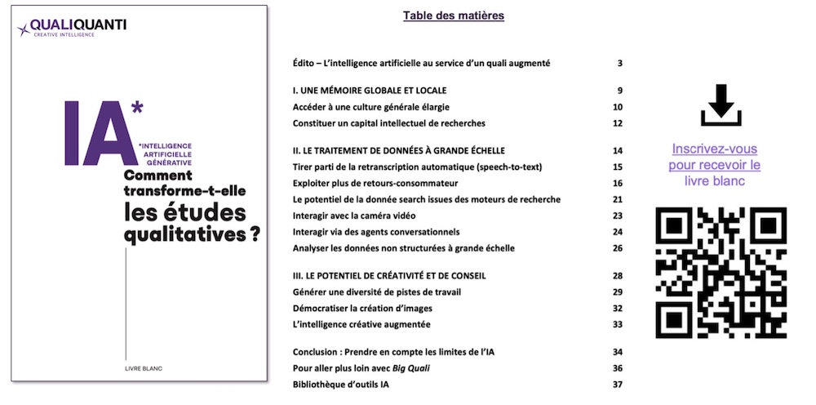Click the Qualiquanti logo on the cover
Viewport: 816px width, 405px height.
pos(73,29)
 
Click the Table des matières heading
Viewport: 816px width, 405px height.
pos(453,16)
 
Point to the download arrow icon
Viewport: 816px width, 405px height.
pos(721,108)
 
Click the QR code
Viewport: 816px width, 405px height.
pos(721,273)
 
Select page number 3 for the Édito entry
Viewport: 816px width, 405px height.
pos(620,64)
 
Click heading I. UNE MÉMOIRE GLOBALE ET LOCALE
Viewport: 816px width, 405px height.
pos(369,90)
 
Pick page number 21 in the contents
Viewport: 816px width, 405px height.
pos(618,200)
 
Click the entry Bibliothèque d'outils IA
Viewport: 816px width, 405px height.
pos(341,385)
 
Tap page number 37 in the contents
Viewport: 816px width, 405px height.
pos(618,385)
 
